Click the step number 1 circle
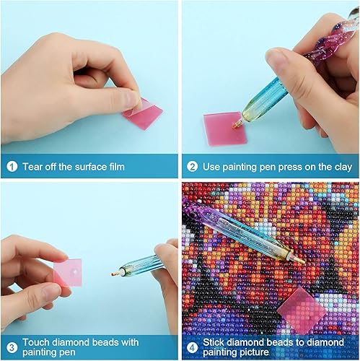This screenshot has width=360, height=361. (12, 167)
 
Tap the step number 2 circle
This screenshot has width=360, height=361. (193, 167)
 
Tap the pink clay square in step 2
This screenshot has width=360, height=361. (221, 129)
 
